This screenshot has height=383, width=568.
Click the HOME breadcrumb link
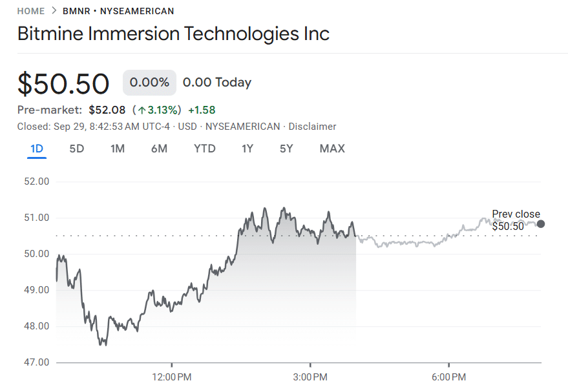coord(31,11)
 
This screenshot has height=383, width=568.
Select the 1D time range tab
coord(37,149)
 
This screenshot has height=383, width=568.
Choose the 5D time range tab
coord(77,149)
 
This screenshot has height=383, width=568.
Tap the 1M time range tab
coord(118,149)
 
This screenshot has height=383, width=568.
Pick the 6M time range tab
coord(159,149)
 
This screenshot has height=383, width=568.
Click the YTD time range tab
coord(205,149)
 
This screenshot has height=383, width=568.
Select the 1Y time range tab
coord(247,149)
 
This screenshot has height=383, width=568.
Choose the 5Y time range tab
coord(286,149)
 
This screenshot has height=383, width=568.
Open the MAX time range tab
coord(332,149)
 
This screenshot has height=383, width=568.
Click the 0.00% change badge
coord(149,83)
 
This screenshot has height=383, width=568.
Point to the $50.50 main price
coord(63,84)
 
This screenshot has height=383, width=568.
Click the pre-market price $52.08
coord(107,110)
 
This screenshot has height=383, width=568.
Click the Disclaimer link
coord(312,127)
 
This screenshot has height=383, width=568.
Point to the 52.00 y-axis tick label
coord(36,181)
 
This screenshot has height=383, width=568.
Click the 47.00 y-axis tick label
coord(36,362)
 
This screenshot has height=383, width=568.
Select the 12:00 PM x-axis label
coord(172,376)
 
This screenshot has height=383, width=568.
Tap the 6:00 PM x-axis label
coord(449,376)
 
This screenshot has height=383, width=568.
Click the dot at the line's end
coord(541,224)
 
